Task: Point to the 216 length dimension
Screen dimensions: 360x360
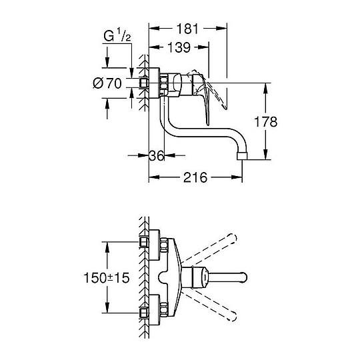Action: click(x=195, y=177)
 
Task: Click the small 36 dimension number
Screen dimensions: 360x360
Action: click(x=157, y=155)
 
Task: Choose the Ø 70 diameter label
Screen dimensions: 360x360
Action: click(x=107, y=83)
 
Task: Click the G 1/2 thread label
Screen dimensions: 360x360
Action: click(x=117, y=35)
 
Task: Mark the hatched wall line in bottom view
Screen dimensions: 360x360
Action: click(x=142, y=276)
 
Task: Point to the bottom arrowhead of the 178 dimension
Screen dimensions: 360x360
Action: click(x=267, y=156)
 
